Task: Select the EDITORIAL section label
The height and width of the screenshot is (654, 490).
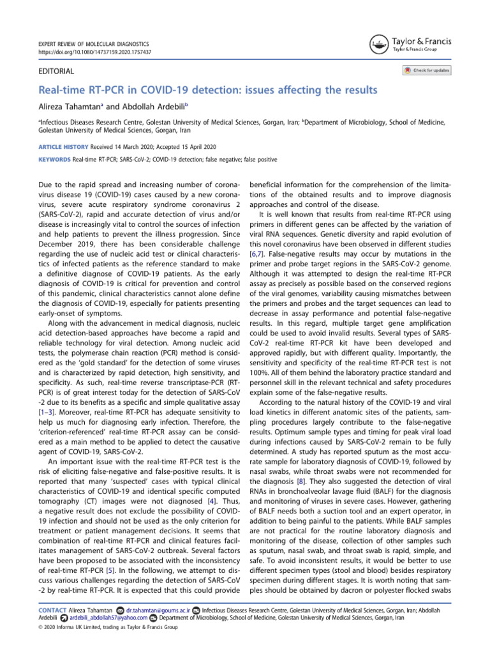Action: pos(57,72)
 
